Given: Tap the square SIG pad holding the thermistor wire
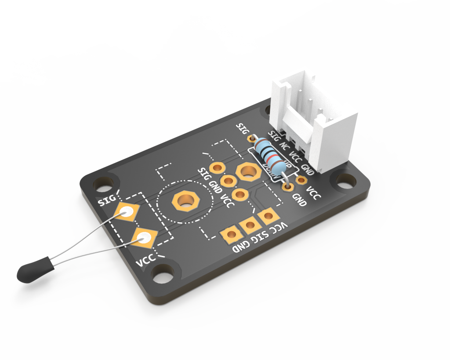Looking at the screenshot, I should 127,213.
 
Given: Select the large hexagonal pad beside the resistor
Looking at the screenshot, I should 248,172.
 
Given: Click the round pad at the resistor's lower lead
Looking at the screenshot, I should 288,187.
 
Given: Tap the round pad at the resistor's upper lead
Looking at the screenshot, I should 252,138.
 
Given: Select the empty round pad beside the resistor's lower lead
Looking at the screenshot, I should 301,179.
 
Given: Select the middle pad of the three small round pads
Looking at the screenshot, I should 228,181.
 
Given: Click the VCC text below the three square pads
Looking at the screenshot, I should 279,228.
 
